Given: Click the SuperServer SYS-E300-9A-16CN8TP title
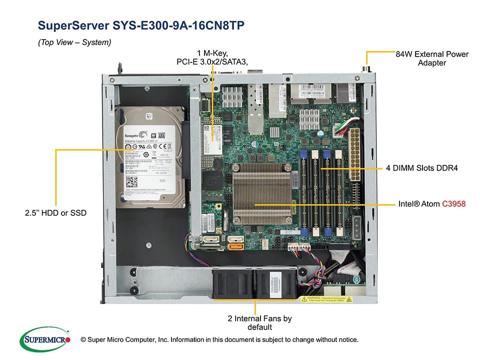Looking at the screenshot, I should (141, 25).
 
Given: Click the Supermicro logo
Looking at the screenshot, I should (44, 338).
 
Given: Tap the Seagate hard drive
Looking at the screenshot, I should (148, 156).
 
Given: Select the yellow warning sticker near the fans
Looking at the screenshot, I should (326, 299).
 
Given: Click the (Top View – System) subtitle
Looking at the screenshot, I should (74, 42).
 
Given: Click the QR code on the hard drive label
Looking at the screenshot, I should (131, 182).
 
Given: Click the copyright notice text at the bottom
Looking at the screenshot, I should (219, 340).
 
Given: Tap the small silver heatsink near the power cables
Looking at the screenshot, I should (309, 119).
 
